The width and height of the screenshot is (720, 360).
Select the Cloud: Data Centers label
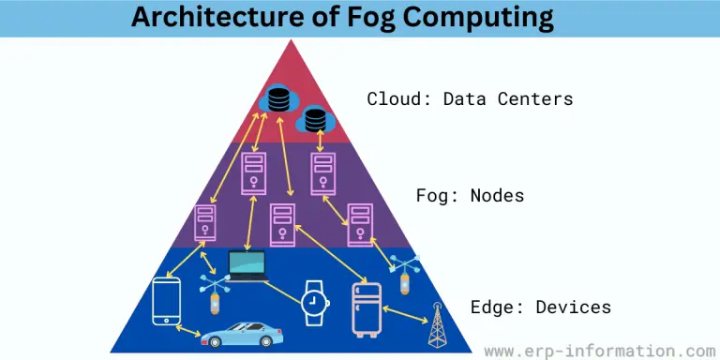(x=469, y=98)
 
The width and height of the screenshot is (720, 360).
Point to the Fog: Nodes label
(x=470, y=196)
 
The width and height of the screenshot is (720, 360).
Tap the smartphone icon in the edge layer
(x=167, y=299)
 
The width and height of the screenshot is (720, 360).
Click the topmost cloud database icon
(x=277, y=97)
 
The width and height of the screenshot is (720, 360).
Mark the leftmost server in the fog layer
(x=204, y=223)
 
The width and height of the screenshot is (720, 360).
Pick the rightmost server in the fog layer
(x=360, y=222)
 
